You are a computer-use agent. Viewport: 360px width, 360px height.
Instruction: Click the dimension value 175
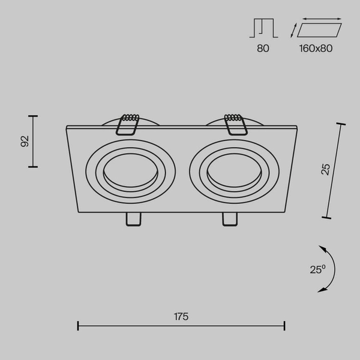(181, 316)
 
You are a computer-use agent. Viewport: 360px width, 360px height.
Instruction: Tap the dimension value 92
(25, 141)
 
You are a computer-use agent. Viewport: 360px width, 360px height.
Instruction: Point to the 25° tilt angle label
(317, 269)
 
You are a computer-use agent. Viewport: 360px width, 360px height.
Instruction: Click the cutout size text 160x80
(316, 48)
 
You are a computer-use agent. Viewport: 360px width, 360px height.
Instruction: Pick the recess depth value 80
(263, 48)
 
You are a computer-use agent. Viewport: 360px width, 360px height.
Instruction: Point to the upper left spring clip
(128, 124)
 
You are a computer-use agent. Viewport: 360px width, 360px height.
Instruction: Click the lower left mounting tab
(133, 220)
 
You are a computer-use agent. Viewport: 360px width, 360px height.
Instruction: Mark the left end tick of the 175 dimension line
(78, 326)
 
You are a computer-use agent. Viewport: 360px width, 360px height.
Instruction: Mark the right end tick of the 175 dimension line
(284, 326)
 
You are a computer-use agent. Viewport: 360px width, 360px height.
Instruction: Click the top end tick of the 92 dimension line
(33, 115)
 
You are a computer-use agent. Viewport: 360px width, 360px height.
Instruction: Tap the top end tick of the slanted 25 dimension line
(341, 124)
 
